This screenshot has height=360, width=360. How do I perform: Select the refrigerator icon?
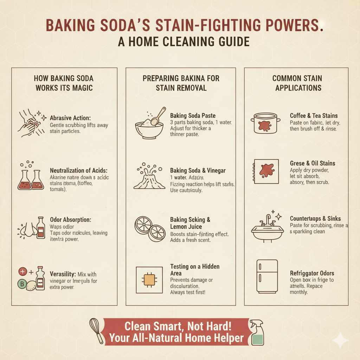pyautogui.click(x=267, y=276)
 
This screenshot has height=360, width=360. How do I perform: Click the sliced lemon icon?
pyautogui.click(x=149, y=228)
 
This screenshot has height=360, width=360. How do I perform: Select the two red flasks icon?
pyautogui.click(x=31, y=179)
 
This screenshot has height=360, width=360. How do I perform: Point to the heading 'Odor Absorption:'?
pyautogui.click(x=70, y=219)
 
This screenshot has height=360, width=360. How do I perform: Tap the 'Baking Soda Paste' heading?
pyautogui.click(x=193, y=115)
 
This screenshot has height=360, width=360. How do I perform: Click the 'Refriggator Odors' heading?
pyautogui.click(x=312, y=273)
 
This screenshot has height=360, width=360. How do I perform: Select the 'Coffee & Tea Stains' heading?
pyautogui.click(x=314, y=115)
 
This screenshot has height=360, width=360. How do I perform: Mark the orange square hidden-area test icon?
pyautogui.click(x=149, y=280)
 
